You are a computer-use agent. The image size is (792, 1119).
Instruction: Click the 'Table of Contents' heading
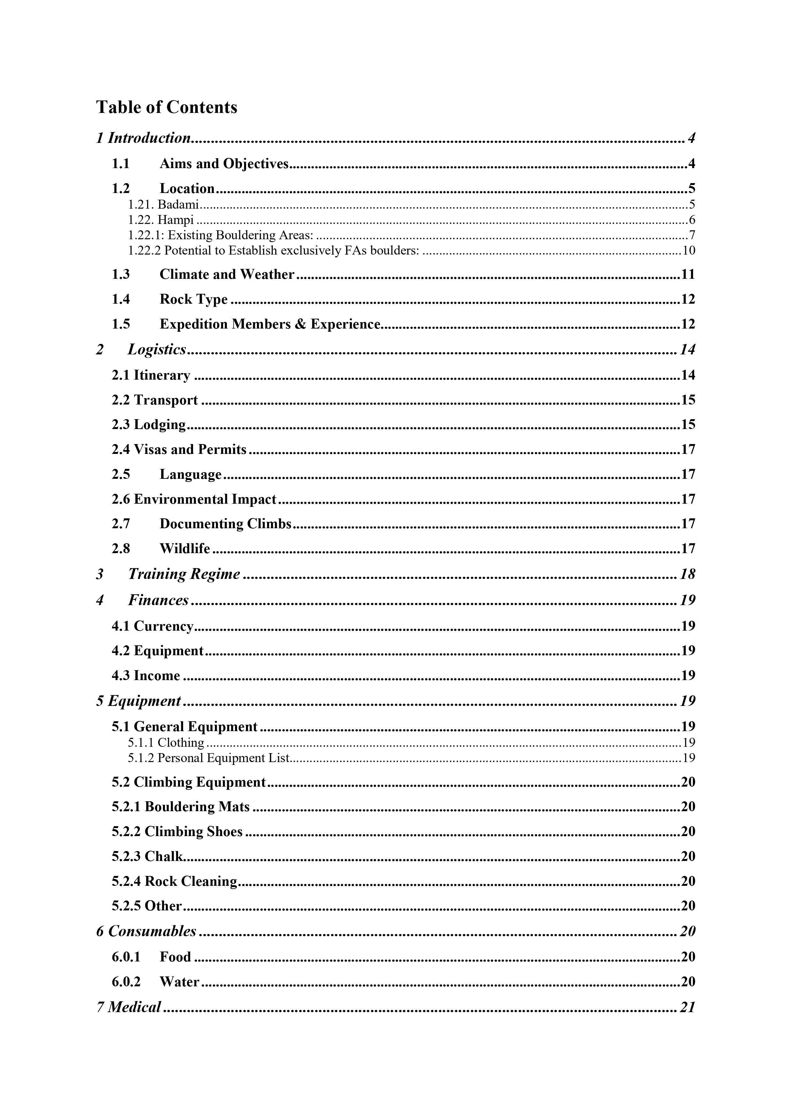pos(167,107)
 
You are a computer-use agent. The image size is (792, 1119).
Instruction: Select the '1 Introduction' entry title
pos(143,138)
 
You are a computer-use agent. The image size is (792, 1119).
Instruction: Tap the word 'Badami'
pos(178,205)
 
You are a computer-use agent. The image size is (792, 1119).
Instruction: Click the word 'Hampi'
pos(176,220)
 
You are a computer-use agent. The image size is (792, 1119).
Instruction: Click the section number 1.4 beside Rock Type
pos(120,299)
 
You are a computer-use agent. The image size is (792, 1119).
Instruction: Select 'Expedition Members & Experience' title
pos(270,325)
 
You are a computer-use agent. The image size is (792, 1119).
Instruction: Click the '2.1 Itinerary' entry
pos(151,375)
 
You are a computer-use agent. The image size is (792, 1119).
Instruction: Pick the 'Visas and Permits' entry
pos(190,449)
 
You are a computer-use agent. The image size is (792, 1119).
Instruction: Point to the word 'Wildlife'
pos(185,549)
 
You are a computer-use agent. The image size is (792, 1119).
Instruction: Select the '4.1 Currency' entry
pos(153,626)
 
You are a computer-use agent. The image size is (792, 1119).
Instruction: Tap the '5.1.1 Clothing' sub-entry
pos(166,743)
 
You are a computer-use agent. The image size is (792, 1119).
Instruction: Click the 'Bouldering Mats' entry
pos(197,807)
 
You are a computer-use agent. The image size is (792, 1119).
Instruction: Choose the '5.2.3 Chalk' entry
pos(147,857)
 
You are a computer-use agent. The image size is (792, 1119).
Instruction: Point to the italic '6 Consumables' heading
pos(146,931)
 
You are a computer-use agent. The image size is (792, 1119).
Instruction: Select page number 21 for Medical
pos(687,1007)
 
